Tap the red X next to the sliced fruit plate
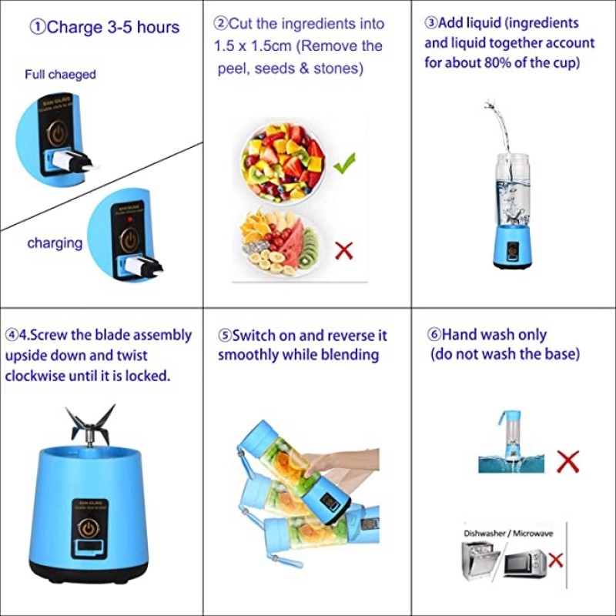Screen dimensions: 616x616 click(x=343, y=249)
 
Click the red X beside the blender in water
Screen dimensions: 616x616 click(x=567, y=461)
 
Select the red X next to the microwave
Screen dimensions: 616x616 click(x=555, y=560)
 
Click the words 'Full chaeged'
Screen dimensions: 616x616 click(x=60, y=75)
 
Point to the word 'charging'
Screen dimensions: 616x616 click(x=55, y=243)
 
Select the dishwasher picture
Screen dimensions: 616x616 click(x=480, y=561)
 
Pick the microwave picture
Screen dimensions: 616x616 click(x=525, y=564)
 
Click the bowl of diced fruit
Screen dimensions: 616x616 click(x=283, y=159)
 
